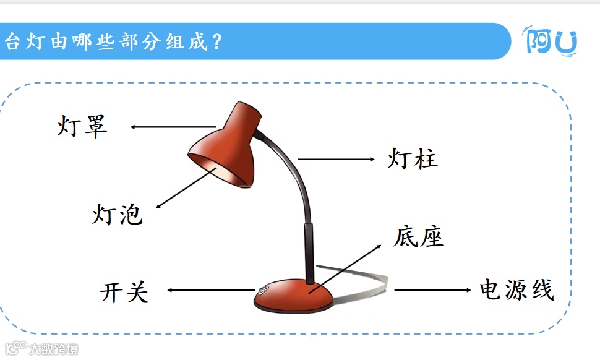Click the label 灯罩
coord(82,126)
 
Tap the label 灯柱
coord(413,159)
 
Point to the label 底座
coord(418,236)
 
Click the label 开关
coord(124,292)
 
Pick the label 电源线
coord(516,289)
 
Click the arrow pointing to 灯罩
coord(173,127)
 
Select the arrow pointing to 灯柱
coord(336,159)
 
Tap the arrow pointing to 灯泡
coord(186,187)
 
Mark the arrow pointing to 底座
coord(346,266)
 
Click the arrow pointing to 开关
coord(210,289)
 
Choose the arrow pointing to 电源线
coord(433,289)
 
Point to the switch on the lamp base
coord(264,289)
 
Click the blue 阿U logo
coord(551,41)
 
